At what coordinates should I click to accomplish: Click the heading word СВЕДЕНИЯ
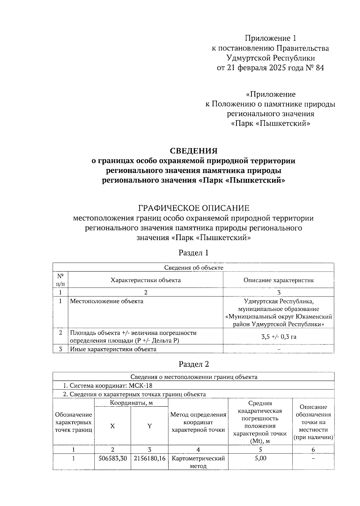coord(193,151)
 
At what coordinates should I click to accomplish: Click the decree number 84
coord(319,68)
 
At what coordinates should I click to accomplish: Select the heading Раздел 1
coord(193,253)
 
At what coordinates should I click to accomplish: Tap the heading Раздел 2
coord(193,364)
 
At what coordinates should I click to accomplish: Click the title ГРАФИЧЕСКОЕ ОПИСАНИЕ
coord(193,208)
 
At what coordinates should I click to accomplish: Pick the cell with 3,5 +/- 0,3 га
coord(279,336)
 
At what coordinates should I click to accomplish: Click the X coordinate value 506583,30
coord(112,458)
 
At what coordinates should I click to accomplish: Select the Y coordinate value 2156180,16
coord(149,458)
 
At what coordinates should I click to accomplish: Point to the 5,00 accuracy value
coord(260,458)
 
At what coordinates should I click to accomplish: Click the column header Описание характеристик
coord(279,280)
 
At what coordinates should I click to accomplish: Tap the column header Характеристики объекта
coord(145,280)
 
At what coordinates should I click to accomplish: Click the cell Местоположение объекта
coord(106,301)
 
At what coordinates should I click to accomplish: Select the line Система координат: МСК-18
coord(109,386)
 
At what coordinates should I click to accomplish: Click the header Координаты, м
coord(131,403)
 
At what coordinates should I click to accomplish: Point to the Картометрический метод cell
coord(198,462)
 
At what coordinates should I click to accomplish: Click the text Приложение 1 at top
coord(270,38)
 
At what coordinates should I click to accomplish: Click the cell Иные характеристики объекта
coord(113,349)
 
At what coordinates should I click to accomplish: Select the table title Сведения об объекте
coord(193,267)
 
